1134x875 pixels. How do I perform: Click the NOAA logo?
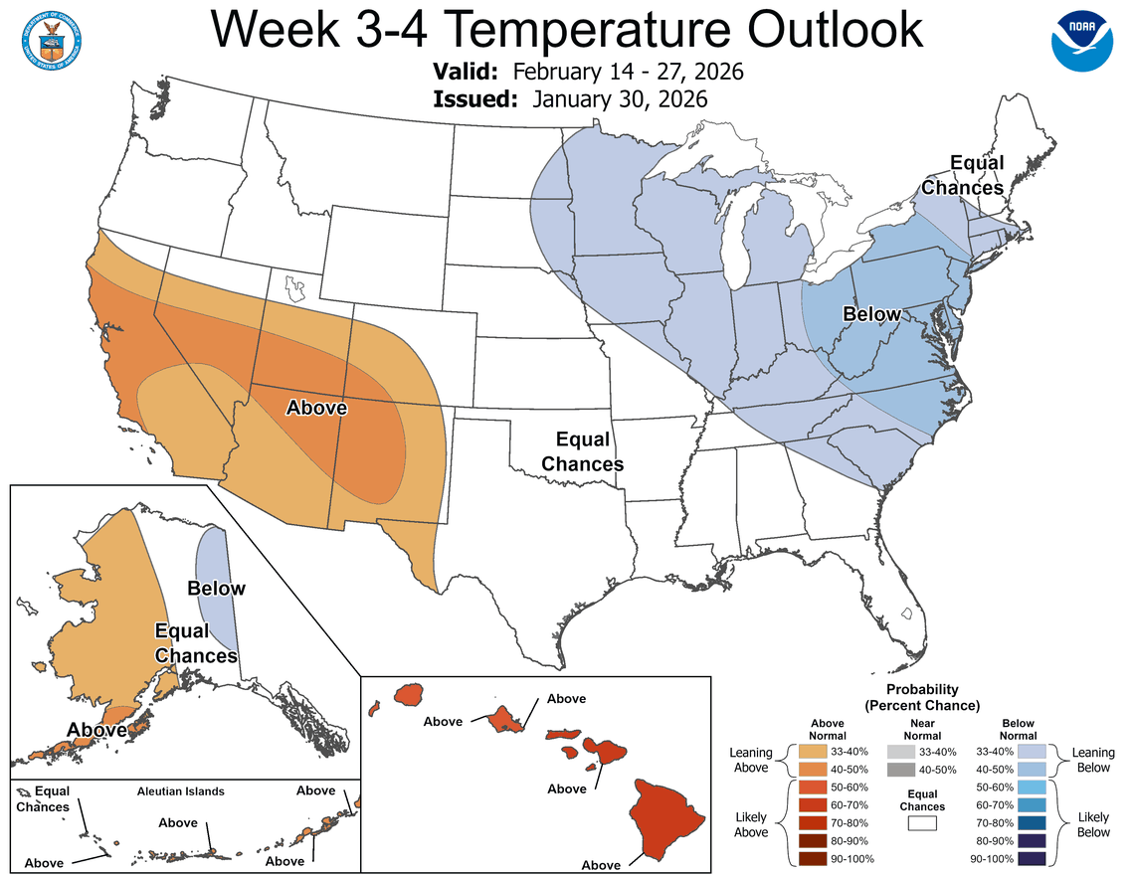[x=1083, y=40]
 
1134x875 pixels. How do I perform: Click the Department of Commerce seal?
[x=51, y=37]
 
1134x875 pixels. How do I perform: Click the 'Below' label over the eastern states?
[x=871, y=314]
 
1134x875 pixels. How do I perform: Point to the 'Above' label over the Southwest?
[x=316, y=407]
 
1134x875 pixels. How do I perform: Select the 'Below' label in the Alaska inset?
[x=216, y=588]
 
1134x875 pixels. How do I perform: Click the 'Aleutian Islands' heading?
[x=180, y=791]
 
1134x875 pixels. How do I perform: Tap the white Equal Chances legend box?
[x=921, y=824]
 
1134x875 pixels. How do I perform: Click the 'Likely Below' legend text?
[x=1093, y=824]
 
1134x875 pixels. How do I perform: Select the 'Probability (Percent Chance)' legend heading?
[x=921, y=696]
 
